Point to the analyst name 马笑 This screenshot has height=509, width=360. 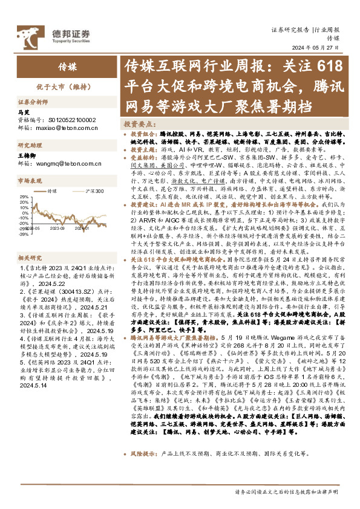24,113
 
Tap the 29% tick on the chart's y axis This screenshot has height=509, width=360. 24,197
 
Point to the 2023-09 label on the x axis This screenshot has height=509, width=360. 58,229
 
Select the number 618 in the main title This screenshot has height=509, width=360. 329,65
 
